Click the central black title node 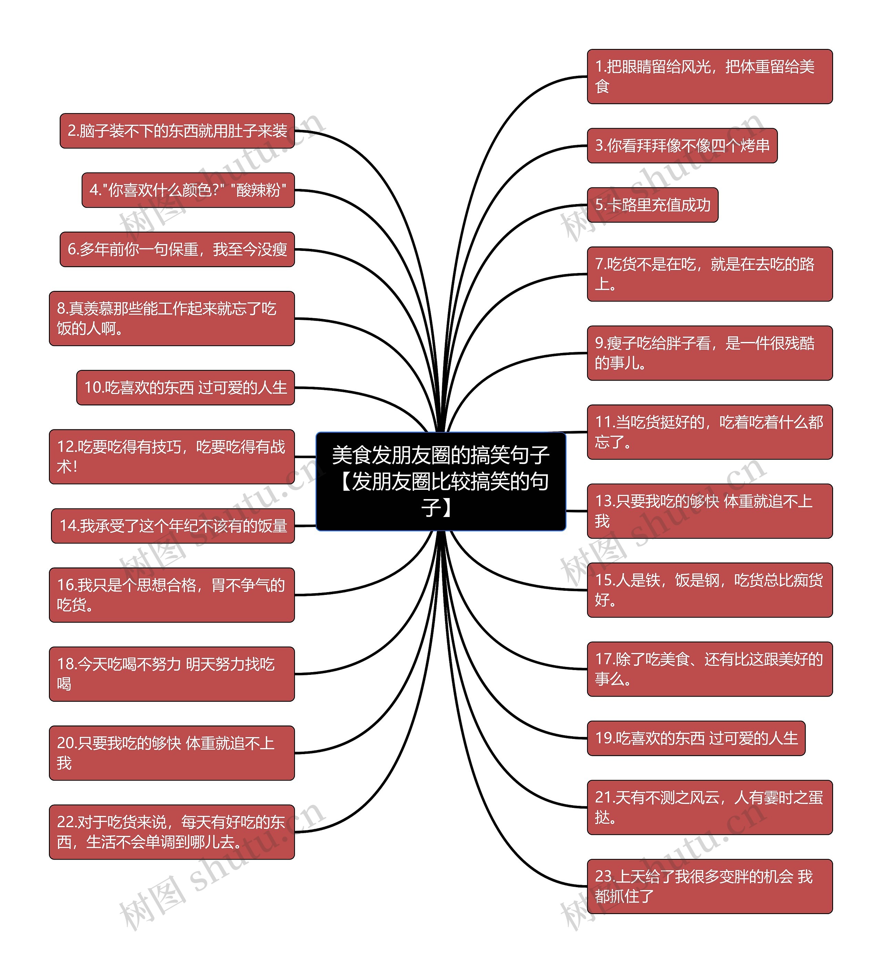pyautogui.click(x=440, y=481)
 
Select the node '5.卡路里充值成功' pyautogui.click(x=652, y=205)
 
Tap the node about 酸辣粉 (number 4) pyautogui.click(x=188, y=190)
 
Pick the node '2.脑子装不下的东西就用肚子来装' pyautogui.click(x=177, y=131)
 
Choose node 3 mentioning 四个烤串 pyautogui.click(x=681, y=146)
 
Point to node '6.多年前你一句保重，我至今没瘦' pyautogui.click(x=177, y=249)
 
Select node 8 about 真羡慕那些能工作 pyautogui.click(x=172, y=318)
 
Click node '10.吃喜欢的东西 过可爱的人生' pyautogui.click(x=185, y=387)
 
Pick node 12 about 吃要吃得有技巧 pyautogui.click(x=172, y=457)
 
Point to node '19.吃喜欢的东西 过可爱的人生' pyautogui.click(x=696, y=738)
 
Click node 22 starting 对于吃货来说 pyautogui.click(x=172, y=832)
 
